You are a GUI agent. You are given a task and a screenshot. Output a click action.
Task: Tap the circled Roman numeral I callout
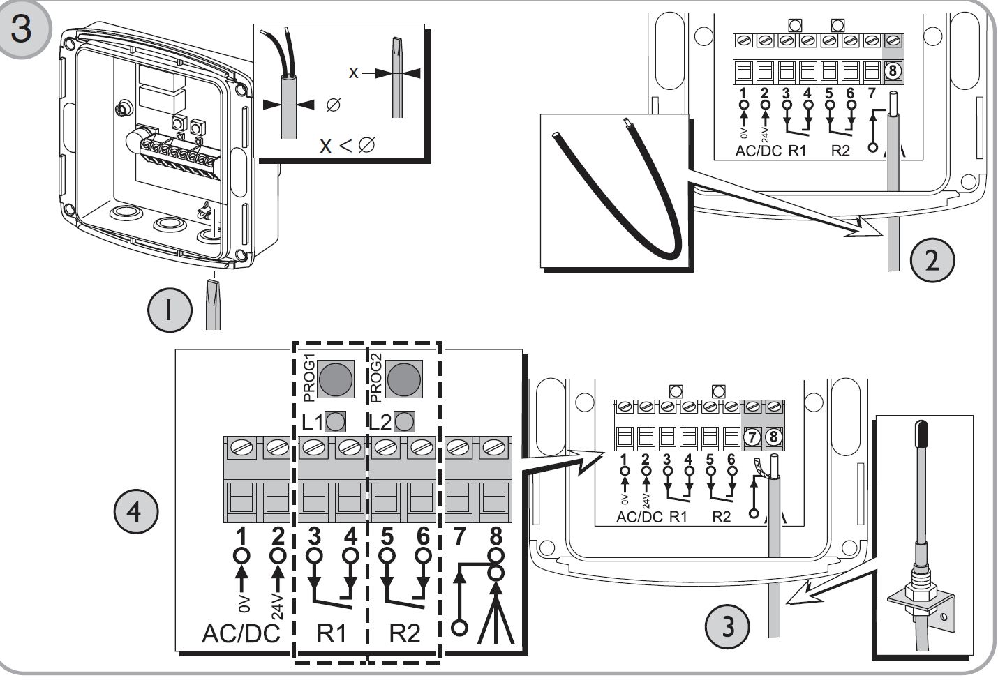(x=168, y=311)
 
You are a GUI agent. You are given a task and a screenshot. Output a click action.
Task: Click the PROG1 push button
(x=333, y=378)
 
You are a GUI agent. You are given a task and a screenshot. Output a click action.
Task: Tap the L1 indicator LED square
(x=336, y=421)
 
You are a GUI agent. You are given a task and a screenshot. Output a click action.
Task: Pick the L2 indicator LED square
(x=404, y=421)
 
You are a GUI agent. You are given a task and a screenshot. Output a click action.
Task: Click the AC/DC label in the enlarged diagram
(x=240, y=633)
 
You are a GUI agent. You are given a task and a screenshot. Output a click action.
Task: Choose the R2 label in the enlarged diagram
(x=404, y=633)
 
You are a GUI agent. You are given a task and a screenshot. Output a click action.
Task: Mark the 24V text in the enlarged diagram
(x=276, y=603)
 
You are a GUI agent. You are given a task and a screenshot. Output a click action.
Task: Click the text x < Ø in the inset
(x=347, y=145)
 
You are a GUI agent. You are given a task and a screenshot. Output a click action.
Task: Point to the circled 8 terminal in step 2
(x=892, y=70)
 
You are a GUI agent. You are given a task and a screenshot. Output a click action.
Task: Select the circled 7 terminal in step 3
(x=753, y=437)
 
